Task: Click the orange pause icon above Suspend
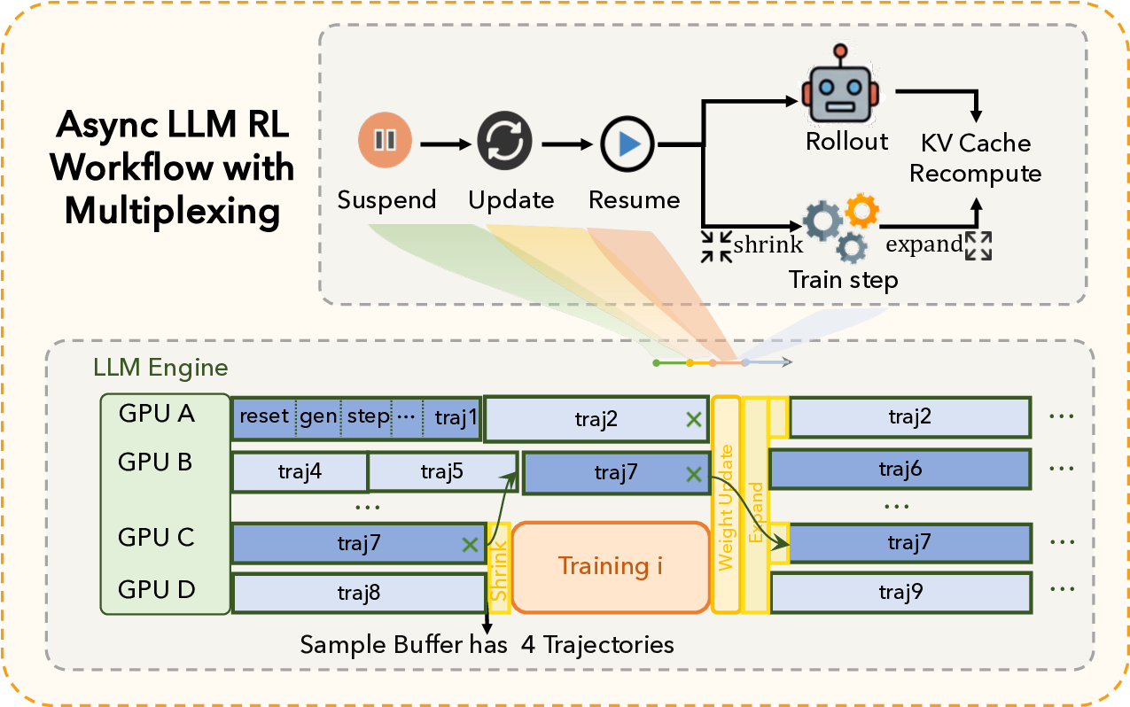385,141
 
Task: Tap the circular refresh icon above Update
504,141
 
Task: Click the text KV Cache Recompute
975,158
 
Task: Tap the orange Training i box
610,566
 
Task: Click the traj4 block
299,471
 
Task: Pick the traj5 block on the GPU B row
440,471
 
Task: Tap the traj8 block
358,593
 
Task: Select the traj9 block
900,592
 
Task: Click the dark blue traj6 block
900,470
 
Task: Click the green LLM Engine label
160,367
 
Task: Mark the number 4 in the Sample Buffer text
528,644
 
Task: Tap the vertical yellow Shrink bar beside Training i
499,567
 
